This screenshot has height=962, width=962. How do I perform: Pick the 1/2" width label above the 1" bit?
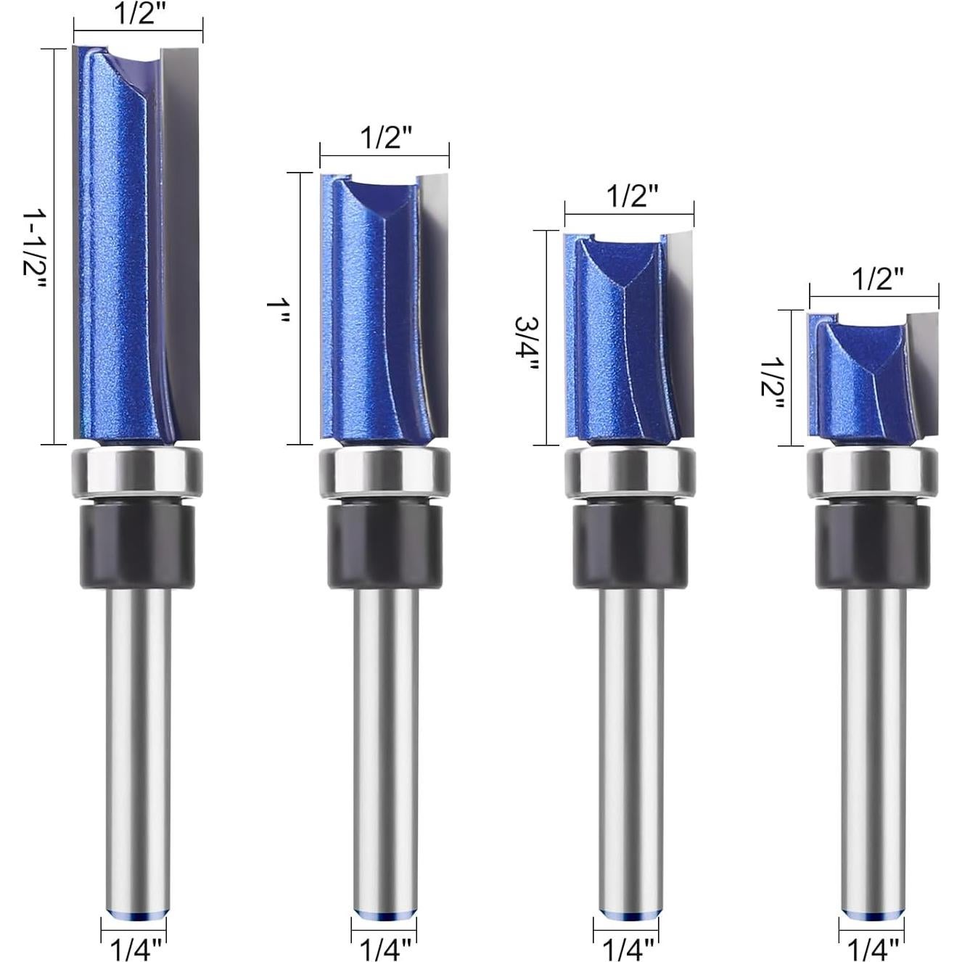coord(385,136)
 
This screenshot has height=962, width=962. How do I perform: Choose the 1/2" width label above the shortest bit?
coord(877,279)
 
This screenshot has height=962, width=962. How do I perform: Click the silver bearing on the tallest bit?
coord(137,472)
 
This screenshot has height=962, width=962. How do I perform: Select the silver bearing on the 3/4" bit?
coord(630,472)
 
